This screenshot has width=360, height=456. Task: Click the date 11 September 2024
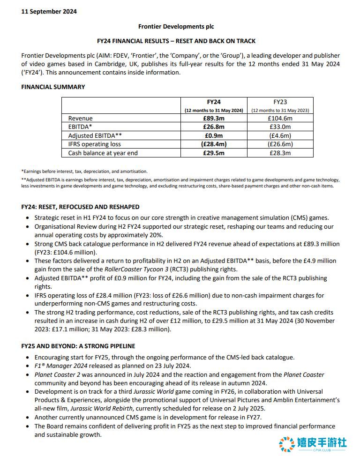49,12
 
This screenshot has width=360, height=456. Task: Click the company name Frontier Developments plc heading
176,27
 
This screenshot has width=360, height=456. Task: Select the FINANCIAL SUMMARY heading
53,87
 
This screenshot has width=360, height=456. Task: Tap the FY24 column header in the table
214,101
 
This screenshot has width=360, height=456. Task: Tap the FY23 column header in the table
280,101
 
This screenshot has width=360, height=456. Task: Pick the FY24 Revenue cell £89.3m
214,119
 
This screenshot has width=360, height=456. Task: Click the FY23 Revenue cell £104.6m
280,119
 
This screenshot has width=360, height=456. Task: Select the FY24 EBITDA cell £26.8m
214,127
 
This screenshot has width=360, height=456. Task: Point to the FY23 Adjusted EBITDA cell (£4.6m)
280,135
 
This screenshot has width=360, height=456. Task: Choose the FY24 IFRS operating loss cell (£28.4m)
214,144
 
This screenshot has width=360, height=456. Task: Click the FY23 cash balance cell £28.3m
280,153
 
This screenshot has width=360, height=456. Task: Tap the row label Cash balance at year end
103,153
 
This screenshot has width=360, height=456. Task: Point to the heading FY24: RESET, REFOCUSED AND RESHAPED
80,207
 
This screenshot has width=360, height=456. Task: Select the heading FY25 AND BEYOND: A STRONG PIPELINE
78,346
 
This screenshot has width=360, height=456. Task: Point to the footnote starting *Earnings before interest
84,172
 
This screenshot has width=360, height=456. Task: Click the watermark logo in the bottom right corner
313,443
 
